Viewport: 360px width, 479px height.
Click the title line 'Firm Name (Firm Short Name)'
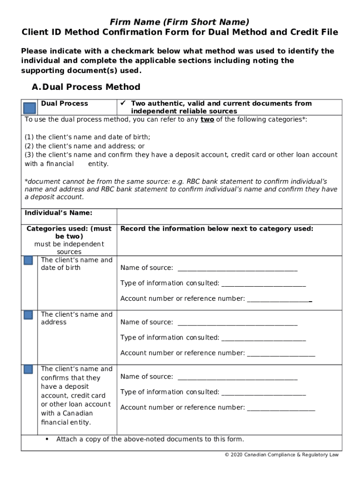pyautogui.click(x=180, y=22)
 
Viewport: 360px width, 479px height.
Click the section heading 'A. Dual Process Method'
pyautogui.click(x=86, y=87)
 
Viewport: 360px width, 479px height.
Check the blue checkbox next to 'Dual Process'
pyautogui.click(x=30, y=108)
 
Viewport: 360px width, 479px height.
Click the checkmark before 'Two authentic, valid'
pyautogui.click(x=123, y=103)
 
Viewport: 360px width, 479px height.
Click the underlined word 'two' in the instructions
pyautogui.click(x=207, y=119)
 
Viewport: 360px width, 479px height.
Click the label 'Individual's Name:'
pyautogui.click(x=58, y=213)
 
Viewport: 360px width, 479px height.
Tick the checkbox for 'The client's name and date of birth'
pyautogui.click(x=28, y=261)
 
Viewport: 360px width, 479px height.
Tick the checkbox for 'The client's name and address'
pyautogui.click(x=28, y=315)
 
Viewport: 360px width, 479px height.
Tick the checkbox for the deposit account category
pyautogui.click(x=28, y=370)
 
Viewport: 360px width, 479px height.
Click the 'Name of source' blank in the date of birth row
pyautogui.click(x=237, y=268)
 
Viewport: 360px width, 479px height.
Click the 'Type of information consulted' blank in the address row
pyautogui.click(x=263, y=338)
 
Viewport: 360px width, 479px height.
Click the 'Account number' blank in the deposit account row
pyautogui.click(x=281, y=408)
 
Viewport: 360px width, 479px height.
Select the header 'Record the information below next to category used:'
pyautogui.click(x=217, y=229)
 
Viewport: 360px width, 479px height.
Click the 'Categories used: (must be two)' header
pyautogui.click(x=69, y=232)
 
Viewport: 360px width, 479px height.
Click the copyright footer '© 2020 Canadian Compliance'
pyautogui.click(x=281, y=455)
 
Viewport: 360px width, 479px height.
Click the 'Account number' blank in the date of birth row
pyautogui.click(x=279, y=299)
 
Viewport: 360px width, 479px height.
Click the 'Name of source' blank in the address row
pyautogui.click(x=237, y=322)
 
